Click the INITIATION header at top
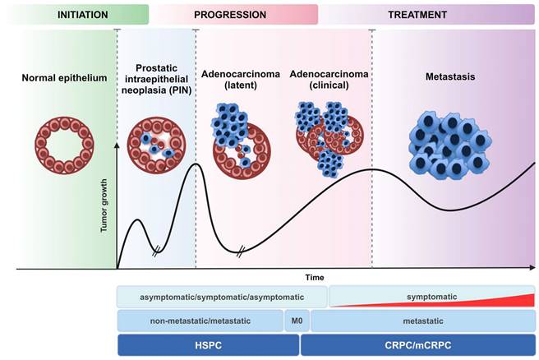tap(74, 14)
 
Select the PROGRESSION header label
tap(230, 14)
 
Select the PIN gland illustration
tap(157, 145)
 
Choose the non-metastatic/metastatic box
tap(200, 321)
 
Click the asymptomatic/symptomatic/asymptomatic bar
tap(222, 296)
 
